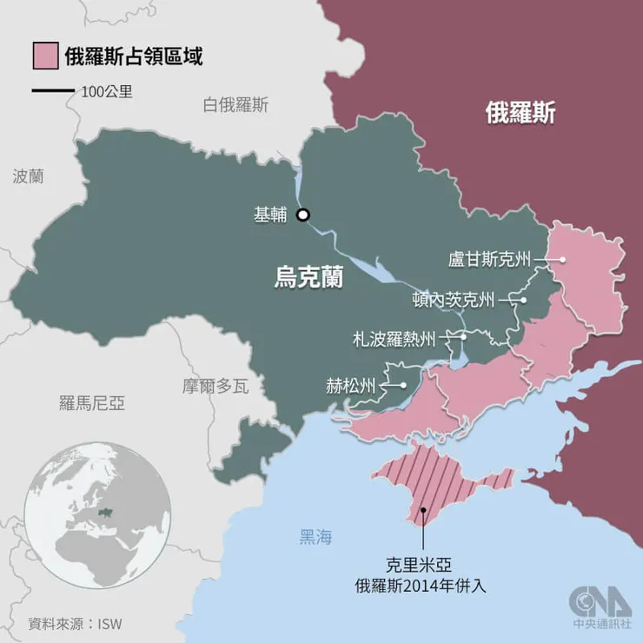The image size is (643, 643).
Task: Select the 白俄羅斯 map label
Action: pos(235,106)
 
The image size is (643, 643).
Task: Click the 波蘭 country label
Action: pos(29,176)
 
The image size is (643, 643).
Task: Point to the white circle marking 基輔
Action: pos(302,215)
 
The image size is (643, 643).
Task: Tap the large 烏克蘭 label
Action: pos(308,278)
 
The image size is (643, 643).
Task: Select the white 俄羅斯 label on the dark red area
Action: pos(520,113)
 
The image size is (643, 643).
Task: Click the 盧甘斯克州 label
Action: pos(488,259)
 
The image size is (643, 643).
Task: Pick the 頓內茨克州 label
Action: pos(453,301)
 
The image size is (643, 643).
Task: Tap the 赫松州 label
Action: pos(351,384)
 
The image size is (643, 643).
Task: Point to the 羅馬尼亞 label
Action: pos(92,402)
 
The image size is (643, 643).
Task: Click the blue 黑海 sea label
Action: pos(315,537)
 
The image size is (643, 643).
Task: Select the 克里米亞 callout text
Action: pos(421,563)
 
